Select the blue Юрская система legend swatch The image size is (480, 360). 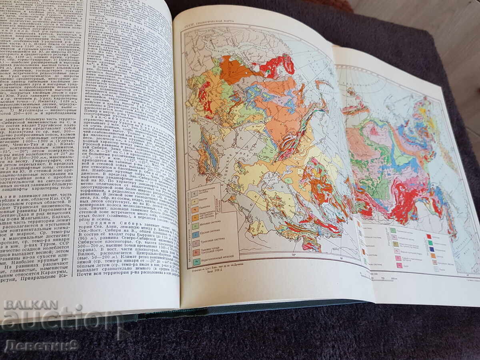point(196,234)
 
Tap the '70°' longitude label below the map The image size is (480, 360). point(294,254)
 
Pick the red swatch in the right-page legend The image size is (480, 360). point(428,237)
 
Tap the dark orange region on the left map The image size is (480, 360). point(232,69)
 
